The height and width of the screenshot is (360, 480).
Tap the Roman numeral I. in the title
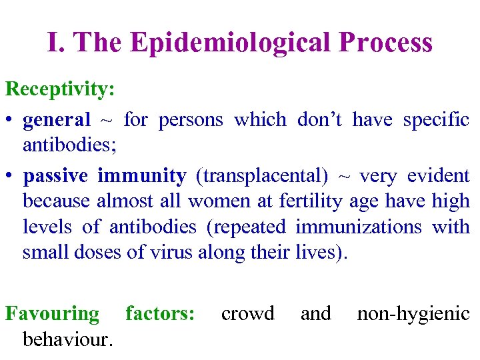click(x=56, y=42)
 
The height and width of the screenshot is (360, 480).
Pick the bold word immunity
click(x=142, y=176)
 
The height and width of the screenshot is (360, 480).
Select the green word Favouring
click(x=52, y=313)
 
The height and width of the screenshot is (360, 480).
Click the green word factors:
click(x=160, y=313)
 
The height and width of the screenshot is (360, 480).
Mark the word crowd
click(x=247, y=313)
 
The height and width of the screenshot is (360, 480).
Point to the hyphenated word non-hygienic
click(x=413, y=313)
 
